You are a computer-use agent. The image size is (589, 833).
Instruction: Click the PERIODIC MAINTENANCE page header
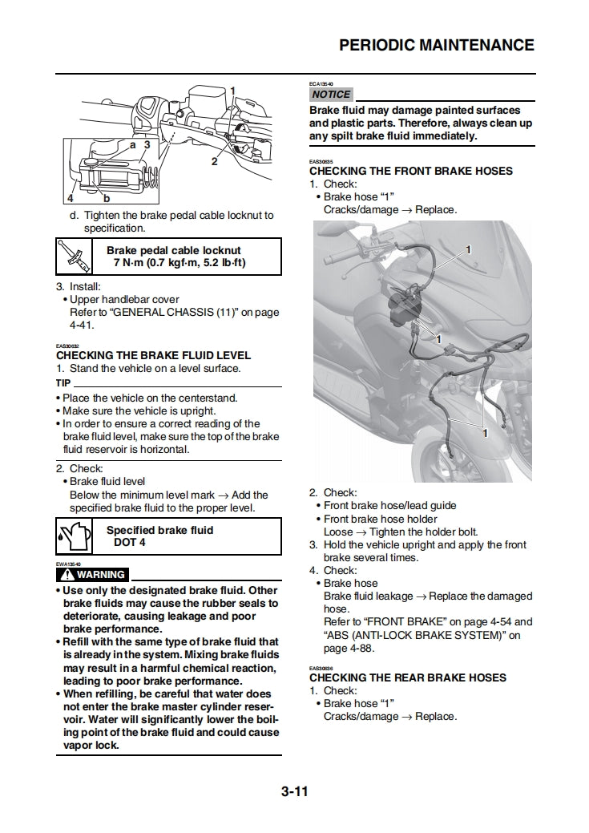[436, 45]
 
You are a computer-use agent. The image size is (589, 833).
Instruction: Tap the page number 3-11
[294, 794]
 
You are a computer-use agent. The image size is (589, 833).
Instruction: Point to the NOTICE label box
[331, 95]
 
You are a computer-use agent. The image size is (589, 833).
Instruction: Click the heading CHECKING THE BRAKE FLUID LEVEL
[153, 355]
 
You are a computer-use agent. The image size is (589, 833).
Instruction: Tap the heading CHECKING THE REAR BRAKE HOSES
[408, 677]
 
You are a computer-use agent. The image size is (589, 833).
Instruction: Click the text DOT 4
[130, 542]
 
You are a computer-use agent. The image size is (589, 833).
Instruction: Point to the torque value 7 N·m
[135, 263]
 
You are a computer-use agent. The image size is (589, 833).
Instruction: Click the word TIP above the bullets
[63, 383]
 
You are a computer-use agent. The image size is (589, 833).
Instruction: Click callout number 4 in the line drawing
[71, 196]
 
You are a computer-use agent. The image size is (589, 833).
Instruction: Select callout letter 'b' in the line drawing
[105, 198]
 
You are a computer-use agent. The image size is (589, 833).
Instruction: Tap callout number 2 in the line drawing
[214, 161]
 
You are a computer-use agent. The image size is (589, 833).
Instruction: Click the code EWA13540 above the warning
[67, 564]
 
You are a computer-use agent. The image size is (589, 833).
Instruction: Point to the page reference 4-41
[81, 326]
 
